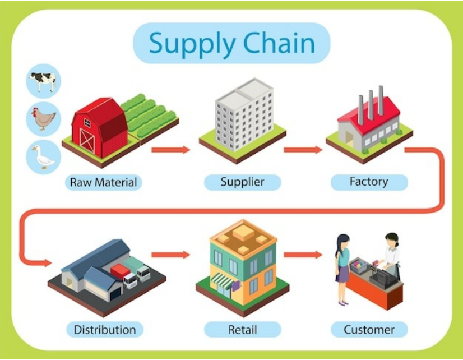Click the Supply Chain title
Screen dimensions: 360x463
pyautogui.click(x=231, y=43)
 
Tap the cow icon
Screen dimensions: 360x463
pyautogui.click(x=44, y=82)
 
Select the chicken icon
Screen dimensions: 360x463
pyautogui.click(x=44, y=118)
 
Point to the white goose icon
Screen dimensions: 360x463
pyautogui.click(x=44, y=156)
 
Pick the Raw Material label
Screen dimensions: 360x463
pyautogui.click(x=103, y=182)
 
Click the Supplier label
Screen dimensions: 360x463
pyautogui.click(x=242, y=182)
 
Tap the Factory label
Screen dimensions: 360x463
pyautogui.click(x=368, y=182)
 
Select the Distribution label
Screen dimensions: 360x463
pyautogui.click(x=104, y=329)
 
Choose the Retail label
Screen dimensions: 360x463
pyautogui.click(x=242, y=329)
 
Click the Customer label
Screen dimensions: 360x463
pyautogui.click(x=369, y=329)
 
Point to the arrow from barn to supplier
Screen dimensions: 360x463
pyautogui.click(x=171, y=150)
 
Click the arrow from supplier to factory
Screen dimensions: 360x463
pyautogui.click(x=303, y=150)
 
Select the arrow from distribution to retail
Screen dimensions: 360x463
pyautogui.click(x=171, y=255)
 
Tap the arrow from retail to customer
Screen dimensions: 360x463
pyautogui.click(x=303, y=255)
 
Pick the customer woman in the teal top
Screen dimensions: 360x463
pyautogui.click(x=342, y=266)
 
